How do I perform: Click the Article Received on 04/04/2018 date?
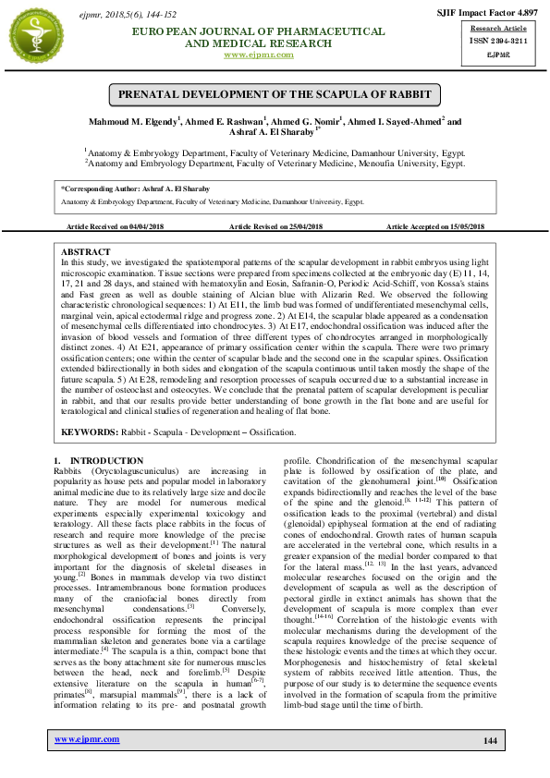point(116,226)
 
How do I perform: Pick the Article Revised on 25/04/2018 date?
point(275,226)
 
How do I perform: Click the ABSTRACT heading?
point(85,252)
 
